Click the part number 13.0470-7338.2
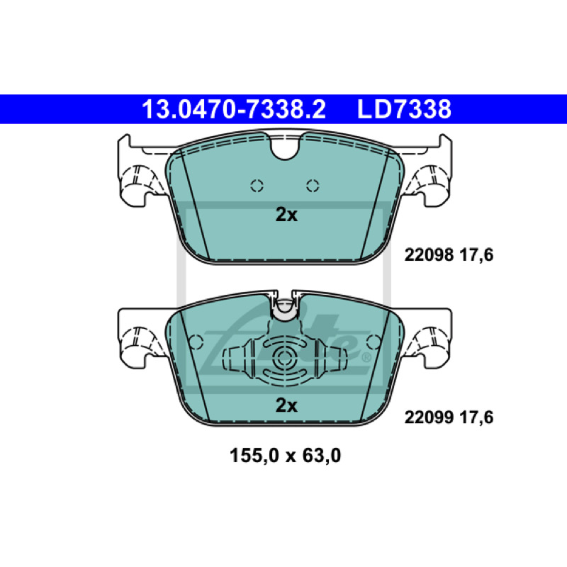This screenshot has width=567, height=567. (234, 109)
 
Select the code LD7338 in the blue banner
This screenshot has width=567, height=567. (404, 109)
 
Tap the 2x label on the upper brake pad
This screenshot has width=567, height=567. (286, 215)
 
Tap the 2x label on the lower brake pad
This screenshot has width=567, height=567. (286, 405)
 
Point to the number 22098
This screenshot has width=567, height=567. (429, 255)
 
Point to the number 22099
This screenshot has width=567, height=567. (429, 417)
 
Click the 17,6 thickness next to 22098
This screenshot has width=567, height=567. (476, 255)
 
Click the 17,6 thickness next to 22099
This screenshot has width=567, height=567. (476, 417)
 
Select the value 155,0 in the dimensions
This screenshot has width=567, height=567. (254, 456)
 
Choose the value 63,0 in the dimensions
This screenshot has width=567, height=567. (322, 456)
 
